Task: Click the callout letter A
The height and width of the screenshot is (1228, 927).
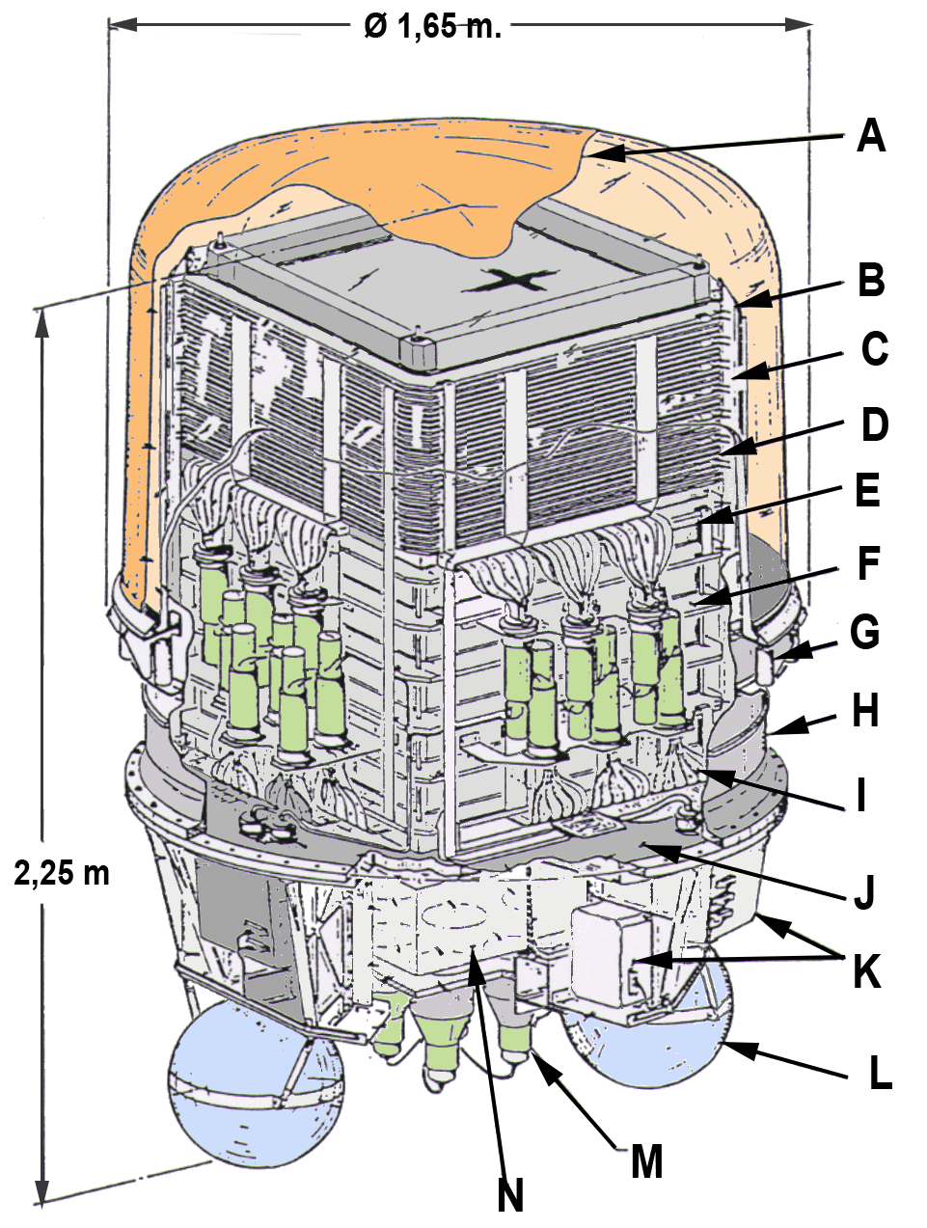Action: (871, 137)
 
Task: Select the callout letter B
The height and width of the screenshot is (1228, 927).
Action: (871, 280)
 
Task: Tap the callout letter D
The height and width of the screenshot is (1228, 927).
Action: (874, 424)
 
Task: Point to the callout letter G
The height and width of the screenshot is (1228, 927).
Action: (864, 633)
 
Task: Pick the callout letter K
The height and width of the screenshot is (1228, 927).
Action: (866, 971)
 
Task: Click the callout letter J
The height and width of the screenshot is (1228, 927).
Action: (864, 893)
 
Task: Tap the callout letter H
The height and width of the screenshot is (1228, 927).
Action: (865, 711)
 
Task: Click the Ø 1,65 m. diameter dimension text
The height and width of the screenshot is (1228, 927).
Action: (432, 26)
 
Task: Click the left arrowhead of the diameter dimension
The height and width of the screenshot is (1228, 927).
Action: (123, 24)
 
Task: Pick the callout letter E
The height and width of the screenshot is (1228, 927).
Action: (867, 490)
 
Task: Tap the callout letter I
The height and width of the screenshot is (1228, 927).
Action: (861, 795)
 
